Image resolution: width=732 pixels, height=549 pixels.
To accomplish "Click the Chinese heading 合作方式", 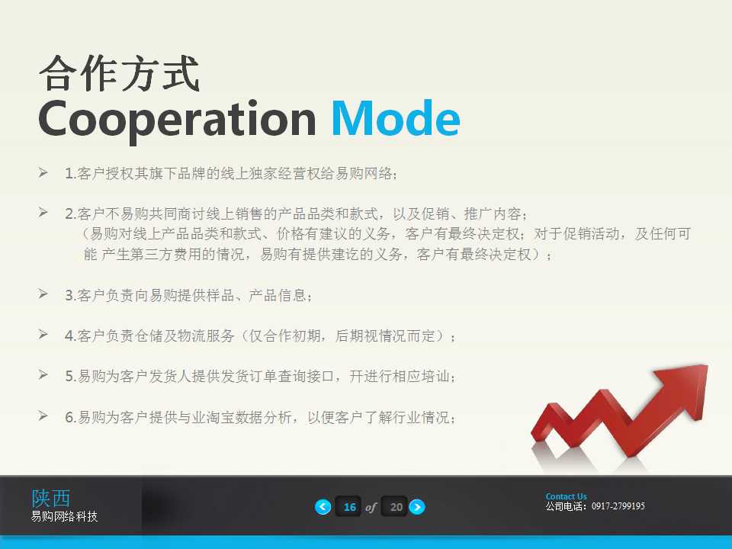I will [x=120, y=74].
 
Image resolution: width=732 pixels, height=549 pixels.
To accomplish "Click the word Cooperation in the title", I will [x=176, y=119].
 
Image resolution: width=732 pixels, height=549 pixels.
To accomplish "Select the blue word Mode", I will [x=395, y=119].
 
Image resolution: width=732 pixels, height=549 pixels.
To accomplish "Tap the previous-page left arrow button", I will [x=323, y=507].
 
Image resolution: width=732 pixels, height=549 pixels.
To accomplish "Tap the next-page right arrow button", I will [x=417, y=507].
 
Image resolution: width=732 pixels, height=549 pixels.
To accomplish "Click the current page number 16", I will [x=350, y=507].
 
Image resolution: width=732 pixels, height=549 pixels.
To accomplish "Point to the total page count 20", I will [x=396, y=507].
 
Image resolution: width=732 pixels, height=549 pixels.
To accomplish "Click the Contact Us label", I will [x=566, y=496].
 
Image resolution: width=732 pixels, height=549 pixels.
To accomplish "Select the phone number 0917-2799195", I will [x=618, y=506].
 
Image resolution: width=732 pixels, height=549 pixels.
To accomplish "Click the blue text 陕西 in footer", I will [x=50, y=498].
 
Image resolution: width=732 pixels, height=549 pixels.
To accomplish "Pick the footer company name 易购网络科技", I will [x=64, y=517].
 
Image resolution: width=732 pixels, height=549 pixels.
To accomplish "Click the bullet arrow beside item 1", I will [x=43, y=173].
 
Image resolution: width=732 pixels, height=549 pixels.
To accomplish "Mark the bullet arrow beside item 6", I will [x=43, y=416].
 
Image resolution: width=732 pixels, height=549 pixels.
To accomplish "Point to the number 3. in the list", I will [x=70, y=295].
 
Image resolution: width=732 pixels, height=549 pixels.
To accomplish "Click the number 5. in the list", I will [x=70, y=377].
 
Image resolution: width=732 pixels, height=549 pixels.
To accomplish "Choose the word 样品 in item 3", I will [x=221, y=296].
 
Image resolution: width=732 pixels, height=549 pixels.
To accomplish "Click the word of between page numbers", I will [x=371, y=507].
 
